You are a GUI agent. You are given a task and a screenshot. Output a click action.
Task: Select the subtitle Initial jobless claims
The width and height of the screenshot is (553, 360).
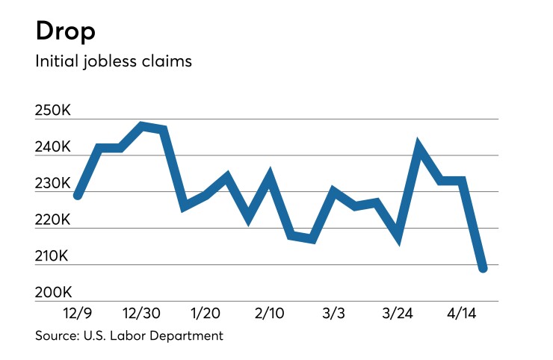tap(114, 60)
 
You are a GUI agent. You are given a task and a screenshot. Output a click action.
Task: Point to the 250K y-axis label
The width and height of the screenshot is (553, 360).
tap(53, 111)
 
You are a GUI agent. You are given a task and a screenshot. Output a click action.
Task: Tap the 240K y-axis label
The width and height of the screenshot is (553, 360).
tap(53, 148)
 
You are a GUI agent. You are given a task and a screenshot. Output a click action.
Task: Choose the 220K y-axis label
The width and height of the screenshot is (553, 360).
tap(53, 220)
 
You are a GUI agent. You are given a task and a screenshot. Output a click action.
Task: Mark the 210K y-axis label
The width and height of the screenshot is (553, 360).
tap(53, 257)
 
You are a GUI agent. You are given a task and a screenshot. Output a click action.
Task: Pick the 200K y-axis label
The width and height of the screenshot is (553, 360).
tap(53, 293)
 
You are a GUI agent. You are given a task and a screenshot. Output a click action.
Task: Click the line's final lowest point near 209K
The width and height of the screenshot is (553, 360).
tap(483, 268)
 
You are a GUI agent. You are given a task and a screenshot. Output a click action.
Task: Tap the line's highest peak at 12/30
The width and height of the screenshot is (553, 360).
tap(142, 125)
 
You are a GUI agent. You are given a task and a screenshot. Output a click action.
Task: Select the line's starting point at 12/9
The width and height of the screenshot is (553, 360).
tap(78, 195)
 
